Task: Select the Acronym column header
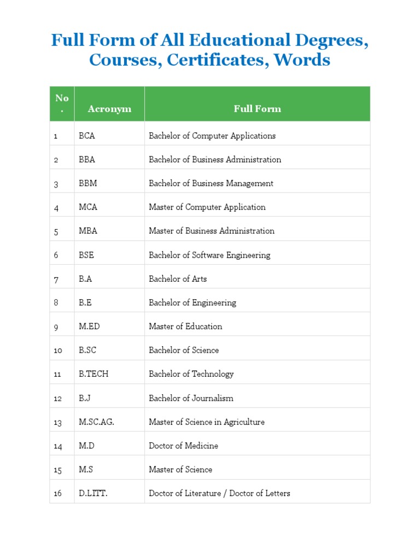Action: (109, 109)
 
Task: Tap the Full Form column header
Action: (257, 109)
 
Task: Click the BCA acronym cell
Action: (86, 136)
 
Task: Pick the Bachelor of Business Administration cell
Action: (215, 160)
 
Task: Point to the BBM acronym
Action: (87, 184)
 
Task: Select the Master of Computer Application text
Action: (207, 207)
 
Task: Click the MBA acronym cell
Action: (87, 231)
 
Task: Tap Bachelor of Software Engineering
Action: (209, 255)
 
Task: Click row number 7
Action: (56, 279)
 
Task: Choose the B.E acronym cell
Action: (85, 302)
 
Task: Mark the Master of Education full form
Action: (185, 326)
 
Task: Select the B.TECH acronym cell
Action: (94, 374)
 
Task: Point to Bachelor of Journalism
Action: (191, 398)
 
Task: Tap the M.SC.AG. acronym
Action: (96, 422)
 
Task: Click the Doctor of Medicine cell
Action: (183, 446)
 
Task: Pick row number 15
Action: (57, 470)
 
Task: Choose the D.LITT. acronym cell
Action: (93, 493)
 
